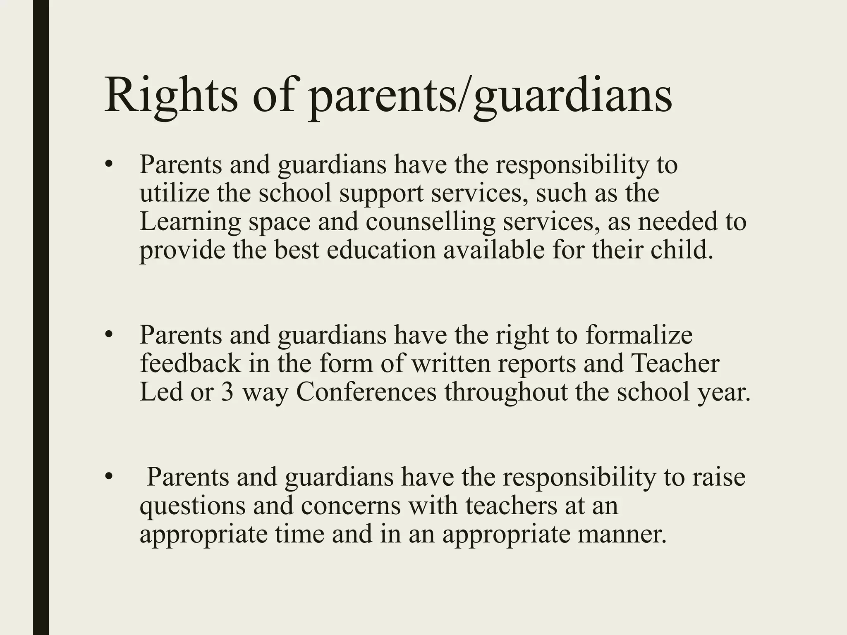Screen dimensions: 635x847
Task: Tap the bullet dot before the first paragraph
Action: pos(109,165)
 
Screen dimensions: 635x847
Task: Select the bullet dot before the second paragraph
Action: pos(109,335)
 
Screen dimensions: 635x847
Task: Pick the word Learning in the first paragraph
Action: pos(190,222)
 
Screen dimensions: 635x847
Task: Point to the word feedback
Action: pos(190,363)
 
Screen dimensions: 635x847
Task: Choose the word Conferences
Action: pos(366,392)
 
